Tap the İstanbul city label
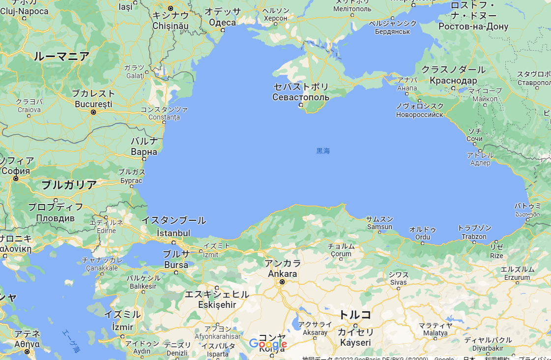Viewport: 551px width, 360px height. pos(173,233)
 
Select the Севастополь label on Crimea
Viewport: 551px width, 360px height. pos(301,97)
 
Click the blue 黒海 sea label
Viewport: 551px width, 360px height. pos(323,151)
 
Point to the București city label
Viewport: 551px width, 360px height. pos(93,104)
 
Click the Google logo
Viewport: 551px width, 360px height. pos(268,344)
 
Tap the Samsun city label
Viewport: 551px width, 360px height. pos(379,227)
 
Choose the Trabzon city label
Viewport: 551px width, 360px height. pos(474,237)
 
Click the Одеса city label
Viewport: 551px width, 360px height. pos(222,22)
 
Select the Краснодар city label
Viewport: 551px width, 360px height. pos(453,81)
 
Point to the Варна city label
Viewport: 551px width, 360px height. pos(144,151)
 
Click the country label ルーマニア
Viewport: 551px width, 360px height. pos(62,57)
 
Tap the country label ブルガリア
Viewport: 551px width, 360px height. pos(69,185)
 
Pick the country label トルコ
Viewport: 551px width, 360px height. pos(355,315)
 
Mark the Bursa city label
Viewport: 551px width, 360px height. pos(176,265)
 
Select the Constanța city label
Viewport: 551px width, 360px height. pos(164,117)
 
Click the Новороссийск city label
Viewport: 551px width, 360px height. pos(419,115)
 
